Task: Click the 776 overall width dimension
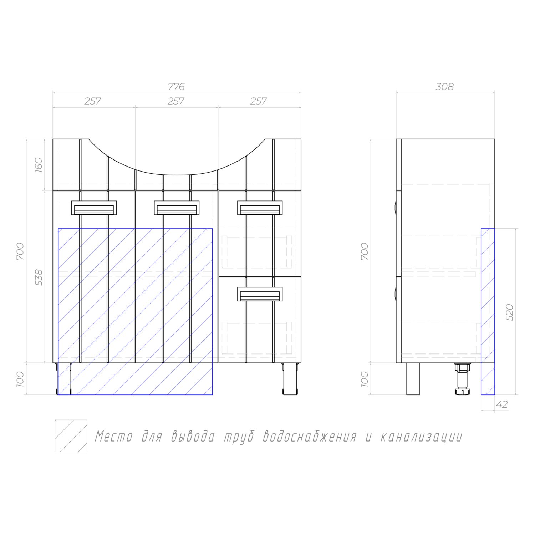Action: pos(176,87)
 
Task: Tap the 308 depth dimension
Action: pos(445,87)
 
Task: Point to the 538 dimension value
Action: pos(39,277)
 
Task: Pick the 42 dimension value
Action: pos(502,404)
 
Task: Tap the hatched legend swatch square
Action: pos(71,436)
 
